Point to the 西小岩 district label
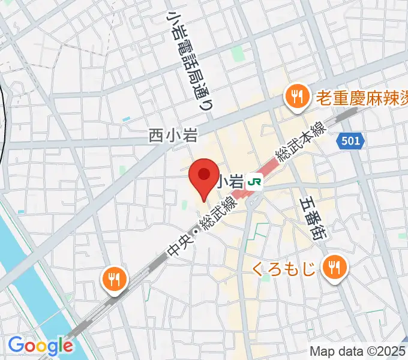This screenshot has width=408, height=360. (173, 136)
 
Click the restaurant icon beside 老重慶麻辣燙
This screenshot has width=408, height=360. (296, 95)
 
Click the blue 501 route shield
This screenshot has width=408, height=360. (350, 141)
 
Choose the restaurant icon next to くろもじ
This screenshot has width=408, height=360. (333, 266)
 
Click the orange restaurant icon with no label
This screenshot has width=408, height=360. (113, 278)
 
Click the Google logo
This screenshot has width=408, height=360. (40, 346)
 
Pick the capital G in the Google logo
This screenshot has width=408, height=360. (16, 345)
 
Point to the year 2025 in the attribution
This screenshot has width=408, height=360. (394, 351)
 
